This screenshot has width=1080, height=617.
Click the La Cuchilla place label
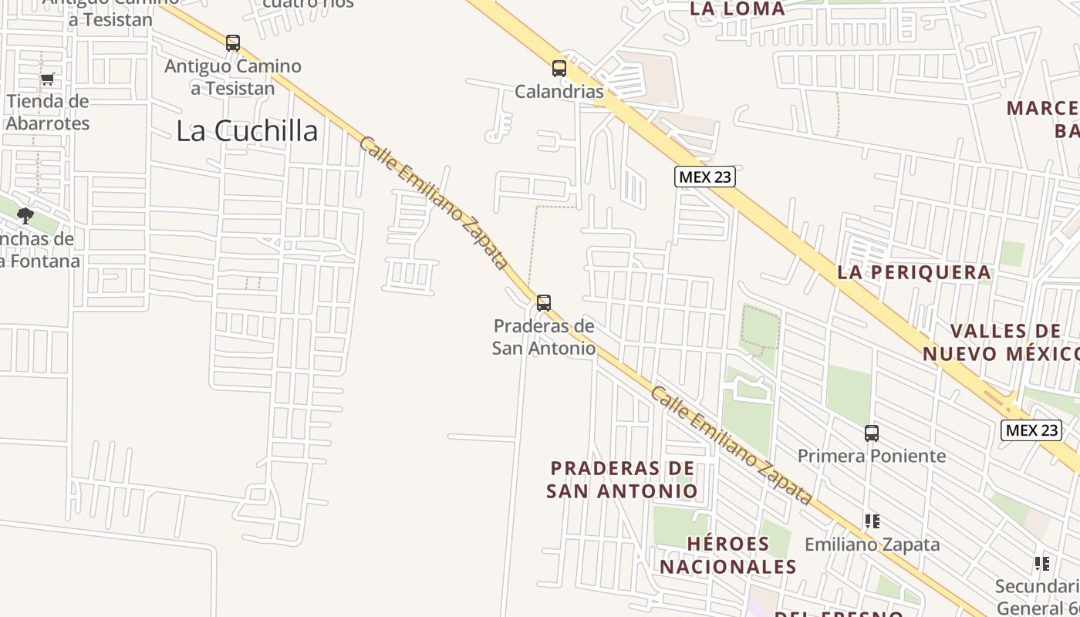point(247,131)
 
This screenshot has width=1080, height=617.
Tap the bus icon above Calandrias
point(559,69)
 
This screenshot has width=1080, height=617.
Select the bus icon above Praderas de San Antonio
point(544,303)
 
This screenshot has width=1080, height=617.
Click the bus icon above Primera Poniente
point(872,433)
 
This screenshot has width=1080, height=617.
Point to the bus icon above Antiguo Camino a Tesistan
point(233,43)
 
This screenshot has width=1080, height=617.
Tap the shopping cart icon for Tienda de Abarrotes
point(48,79)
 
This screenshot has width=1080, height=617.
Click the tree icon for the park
point(25,216)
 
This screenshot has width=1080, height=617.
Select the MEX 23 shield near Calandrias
point(704,177)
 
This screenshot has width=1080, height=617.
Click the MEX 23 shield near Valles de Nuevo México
point(1031,430)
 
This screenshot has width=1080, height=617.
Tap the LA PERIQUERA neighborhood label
point(914,272)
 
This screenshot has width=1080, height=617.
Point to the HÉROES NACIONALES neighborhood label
point(728,555)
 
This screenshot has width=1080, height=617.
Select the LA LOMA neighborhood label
point(737,9)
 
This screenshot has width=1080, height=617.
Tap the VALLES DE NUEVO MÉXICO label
point(1003,342)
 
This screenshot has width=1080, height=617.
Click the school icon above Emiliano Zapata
point(872,521)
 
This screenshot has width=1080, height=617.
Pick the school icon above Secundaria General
point(1042,564)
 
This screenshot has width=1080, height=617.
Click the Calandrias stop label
point(559,92)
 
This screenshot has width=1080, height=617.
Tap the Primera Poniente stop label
point(872,456)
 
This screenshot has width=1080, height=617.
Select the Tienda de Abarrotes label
point(48,112)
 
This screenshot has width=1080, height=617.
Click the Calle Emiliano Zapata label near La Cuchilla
point(434,204)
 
